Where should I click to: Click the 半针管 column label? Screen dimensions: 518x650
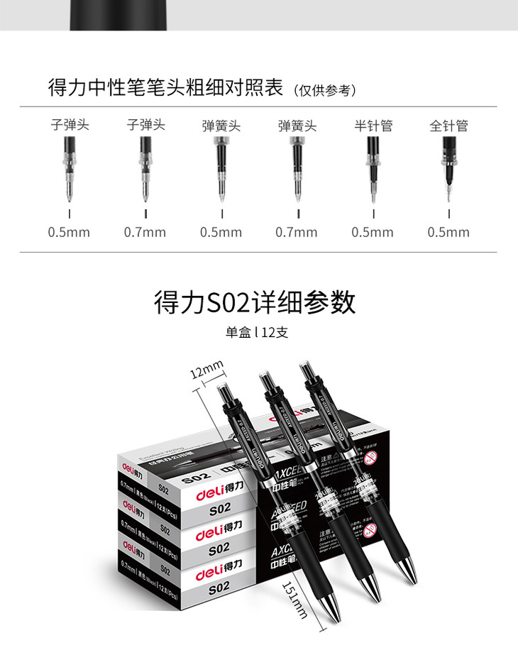373,126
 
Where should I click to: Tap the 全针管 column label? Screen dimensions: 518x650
448,126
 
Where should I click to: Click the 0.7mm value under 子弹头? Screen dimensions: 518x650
145,232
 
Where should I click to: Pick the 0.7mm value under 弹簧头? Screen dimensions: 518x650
297,232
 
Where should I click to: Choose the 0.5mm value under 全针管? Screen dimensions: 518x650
448,232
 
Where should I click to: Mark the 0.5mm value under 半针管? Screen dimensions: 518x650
373,232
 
